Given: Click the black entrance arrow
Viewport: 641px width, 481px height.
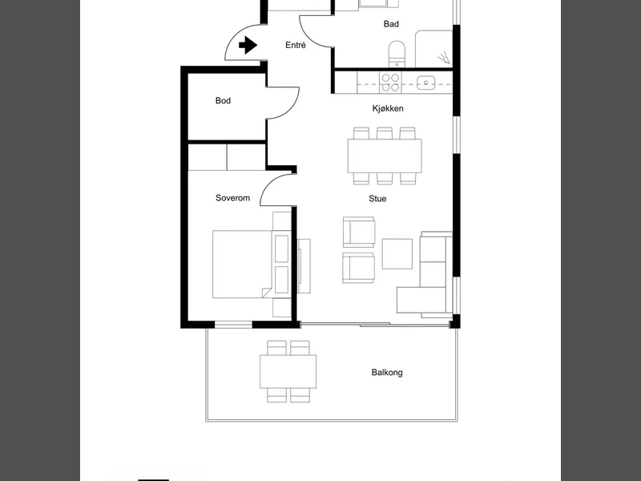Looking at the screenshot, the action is coord(248,45).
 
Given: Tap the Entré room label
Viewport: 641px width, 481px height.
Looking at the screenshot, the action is coord(296,45).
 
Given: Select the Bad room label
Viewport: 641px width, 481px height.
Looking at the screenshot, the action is coord(391,24).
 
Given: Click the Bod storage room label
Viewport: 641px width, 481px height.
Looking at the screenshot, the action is coord(224,101).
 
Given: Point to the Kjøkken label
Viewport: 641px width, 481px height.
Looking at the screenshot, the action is coord(388,108).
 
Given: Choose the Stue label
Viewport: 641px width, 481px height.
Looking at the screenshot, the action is coord(377,199).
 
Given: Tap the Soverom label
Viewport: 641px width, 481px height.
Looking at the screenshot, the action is coord(232,198).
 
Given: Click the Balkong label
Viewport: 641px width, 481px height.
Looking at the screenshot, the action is coord(387,373).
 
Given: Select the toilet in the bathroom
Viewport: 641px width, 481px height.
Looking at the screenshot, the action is coord(397,54).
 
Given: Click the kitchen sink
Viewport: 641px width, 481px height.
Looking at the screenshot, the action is coord(426,83).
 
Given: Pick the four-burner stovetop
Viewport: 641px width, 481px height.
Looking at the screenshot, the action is coord(390,83).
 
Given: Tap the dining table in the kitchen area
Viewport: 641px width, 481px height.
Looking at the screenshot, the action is coord(385,156).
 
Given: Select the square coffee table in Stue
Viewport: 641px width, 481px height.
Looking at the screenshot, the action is coord(397,254).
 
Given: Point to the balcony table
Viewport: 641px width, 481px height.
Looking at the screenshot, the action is coord(288,371).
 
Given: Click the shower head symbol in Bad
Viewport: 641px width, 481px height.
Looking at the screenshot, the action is coord(445,59).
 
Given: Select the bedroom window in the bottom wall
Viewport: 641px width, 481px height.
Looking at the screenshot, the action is coord(233,325).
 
